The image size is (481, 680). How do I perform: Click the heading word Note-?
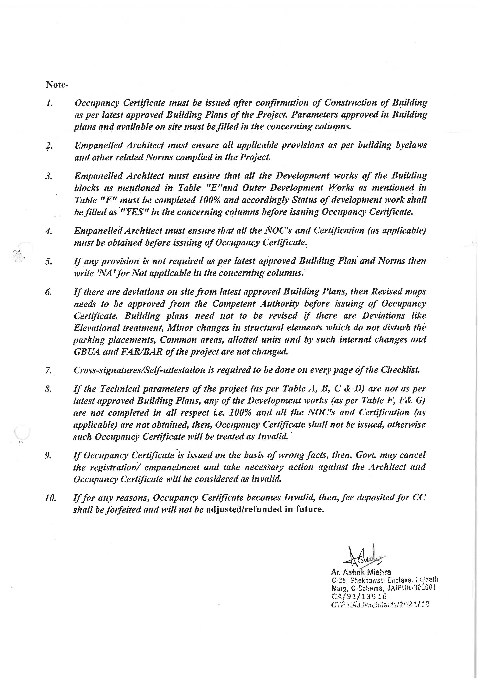pyautogui.click(x=57, y=85)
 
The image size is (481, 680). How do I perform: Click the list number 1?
pyautogui.click(x=49, y=103)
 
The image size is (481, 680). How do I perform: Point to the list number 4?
pyautogui.click(x=49, y=231)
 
